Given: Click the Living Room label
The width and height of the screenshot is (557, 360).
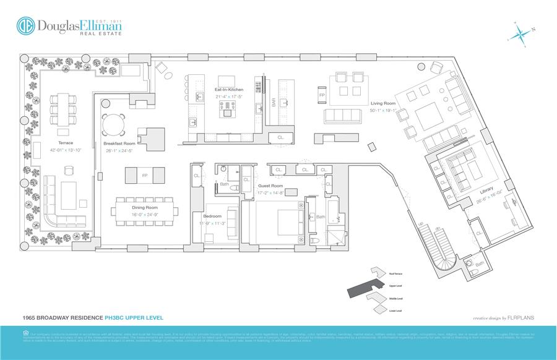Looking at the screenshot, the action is click(383, 103).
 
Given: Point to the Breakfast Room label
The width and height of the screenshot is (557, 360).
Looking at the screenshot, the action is click(119, 144).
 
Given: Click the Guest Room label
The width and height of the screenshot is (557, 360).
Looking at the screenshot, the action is click(270, 186).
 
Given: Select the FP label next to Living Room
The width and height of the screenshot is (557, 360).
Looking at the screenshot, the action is click(322, 96).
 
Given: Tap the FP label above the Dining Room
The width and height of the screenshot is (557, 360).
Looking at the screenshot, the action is click(144, 175).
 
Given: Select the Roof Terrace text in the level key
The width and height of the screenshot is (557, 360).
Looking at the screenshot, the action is click(396, 273).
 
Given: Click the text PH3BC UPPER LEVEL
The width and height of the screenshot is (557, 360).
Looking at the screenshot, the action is click(129, 317).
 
